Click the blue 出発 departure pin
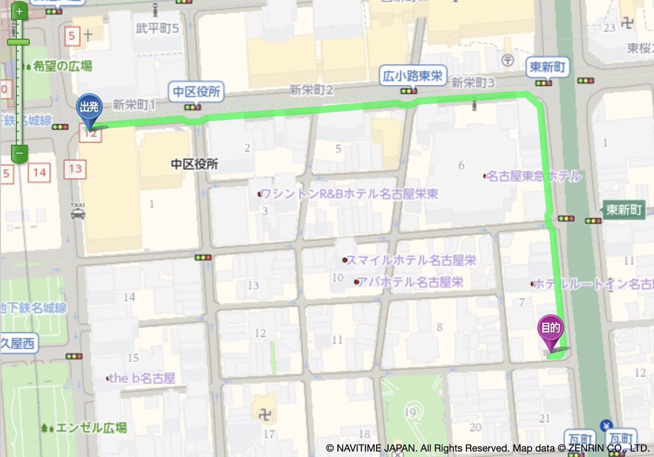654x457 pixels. (x=88, y=109)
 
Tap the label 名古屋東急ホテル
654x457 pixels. (x=533, y=176)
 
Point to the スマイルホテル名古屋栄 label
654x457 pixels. (x=410, y=260)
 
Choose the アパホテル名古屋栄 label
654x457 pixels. (x=410, y=282)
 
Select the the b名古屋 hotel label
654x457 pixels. (x=142, y=378)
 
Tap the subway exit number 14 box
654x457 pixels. (x=39, y=173)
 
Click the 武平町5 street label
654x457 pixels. (x=157, y=28)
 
